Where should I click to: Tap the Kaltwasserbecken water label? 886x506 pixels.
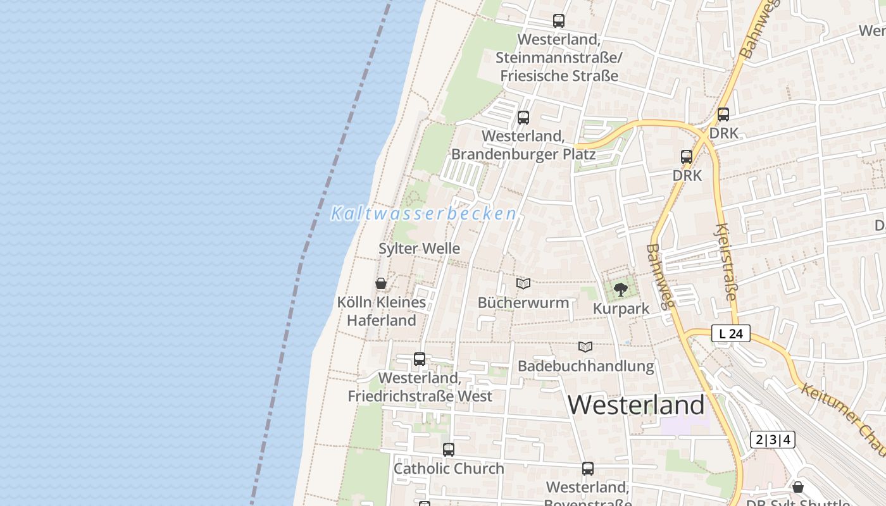[423, 214]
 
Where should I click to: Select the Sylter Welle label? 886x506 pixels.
[419, 249]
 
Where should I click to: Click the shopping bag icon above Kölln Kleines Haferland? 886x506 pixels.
[381, 283]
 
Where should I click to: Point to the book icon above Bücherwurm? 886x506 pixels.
[523, 283]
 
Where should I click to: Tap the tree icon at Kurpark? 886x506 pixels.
[621, 290]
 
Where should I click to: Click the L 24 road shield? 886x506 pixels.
[731, 333]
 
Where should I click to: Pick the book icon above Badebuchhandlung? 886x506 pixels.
[585, 347]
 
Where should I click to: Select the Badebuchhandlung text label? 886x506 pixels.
[585, 366]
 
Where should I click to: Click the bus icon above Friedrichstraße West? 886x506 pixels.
[419, 359]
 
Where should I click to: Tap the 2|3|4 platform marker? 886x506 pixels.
[773, 440]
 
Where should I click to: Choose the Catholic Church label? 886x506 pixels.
[449, 469]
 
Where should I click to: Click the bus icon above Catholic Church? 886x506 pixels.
[449, 450]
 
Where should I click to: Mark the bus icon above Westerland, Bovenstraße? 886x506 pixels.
[588, 469]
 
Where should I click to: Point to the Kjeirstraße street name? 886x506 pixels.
[727, 261]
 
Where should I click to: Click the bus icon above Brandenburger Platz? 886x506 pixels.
[523, 117]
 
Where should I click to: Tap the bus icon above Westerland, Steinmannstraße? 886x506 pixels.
[558, 21]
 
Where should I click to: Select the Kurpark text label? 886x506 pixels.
[621, 309]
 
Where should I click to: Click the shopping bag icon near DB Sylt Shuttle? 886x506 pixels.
[798, 487]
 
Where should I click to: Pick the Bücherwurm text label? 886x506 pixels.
[523, 302]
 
